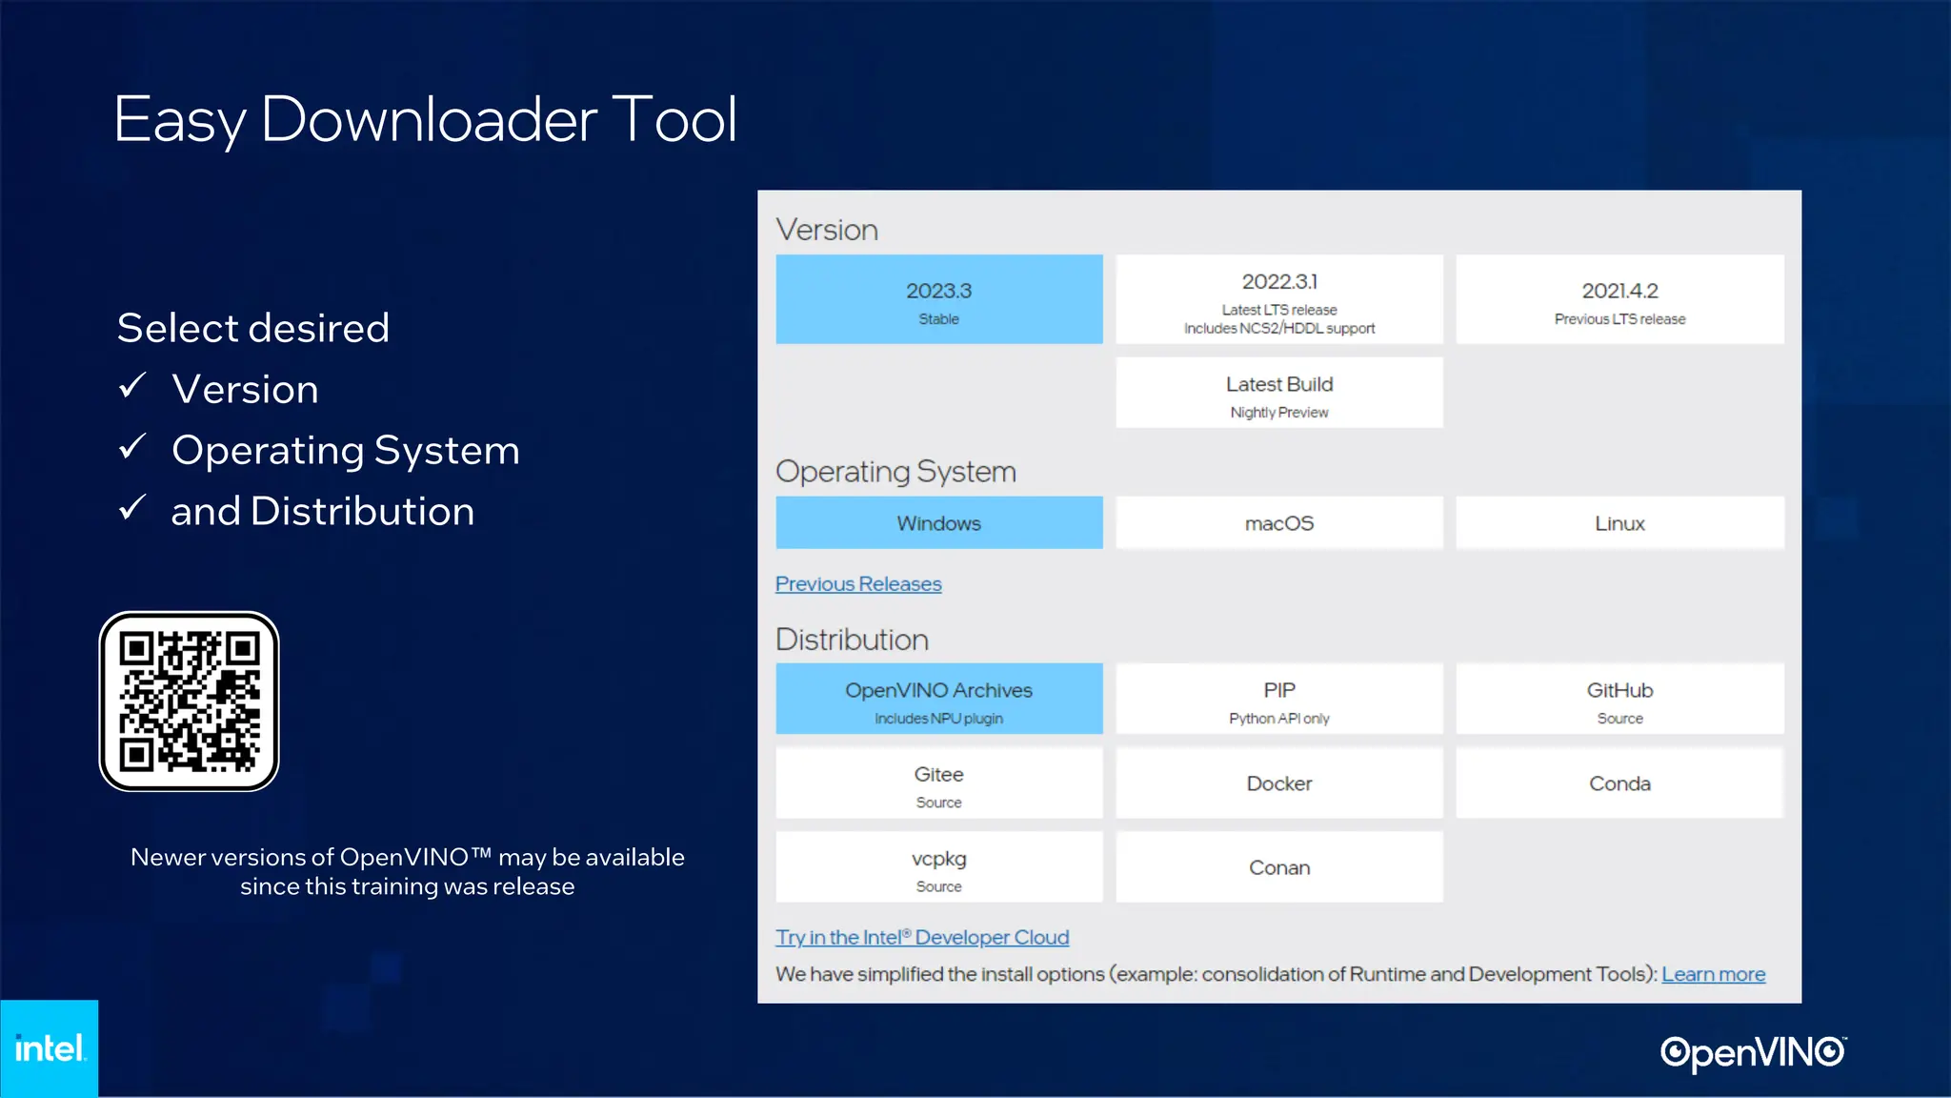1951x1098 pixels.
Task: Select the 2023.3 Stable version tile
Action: click(938, 299)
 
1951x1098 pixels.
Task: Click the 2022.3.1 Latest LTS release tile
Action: click(1279, 299)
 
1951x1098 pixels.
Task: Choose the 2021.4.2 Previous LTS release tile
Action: click(1619, 299)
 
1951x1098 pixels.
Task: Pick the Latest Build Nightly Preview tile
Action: click(1279, 393)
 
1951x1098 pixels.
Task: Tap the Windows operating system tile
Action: click(938, 522)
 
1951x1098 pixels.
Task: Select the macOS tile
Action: click(1279, 522)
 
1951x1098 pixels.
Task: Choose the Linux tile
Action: click(1619, 522)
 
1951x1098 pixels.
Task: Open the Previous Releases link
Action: click(858, 584)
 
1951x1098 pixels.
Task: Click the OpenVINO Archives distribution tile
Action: click(938, 699)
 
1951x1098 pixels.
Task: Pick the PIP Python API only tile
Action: click(1279, 699)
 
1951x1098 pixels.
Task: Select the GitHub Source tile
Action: click(1619, 699)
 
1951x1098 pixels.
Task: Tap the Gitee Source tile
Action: click(938, 783)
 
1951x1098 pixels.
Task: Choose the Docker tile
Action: click(1279, 783)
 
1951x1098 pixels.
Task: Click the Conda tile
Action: click(1619, 783)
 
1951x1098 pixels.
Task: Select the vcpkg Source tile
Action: click(938, 867)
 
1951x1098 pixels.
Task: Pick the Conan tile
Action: click(1279, 867)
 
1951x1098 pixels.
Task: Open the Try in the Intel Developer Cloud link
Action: click(922, 938)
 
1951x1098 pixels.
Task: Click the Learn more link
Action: click(1713, 974)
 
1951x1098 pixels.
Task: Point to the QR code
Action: click(190, 701)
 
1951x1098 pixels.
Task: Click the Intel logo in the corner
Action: click(50, 1048)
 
